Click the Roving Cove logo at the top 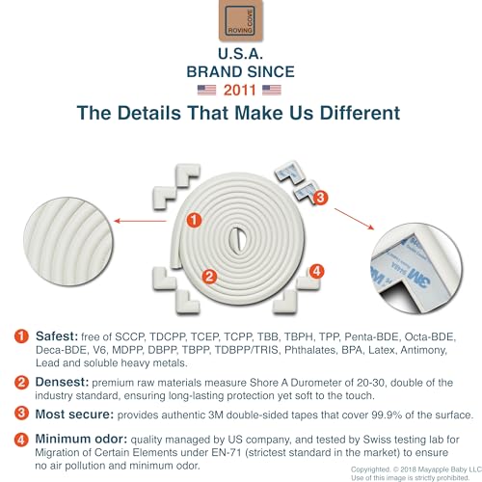(x=241, y=20)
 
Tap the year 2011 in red (x=240, y=91)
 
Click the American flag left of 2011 (x=206, y=90)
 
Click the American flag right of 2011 (x=272, y=90)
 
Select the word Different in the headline (x=360, y=113)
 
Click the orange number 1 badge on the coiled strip (x=195, y=220)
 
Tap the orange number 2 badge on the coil (x=209, y=277)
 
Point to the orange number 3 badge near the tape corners (x=320, y=198)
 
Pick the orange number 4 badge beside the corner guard (x=316, y=272)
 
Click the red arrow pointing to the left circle (x=140, y=221)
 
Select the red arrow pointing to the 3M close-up (x=355, y=219)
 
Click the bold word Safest (x=57, y=336)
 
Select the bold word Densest (x=62, y=382)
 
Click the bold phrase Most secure (x=74, y=415)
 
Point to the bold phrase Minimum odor (x=81, y=439)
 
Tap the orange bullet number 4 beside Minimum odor (x=21, y=440)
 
